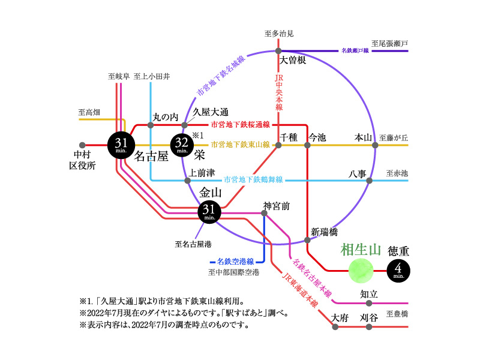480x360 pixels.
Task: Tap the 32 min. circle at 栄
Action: point(184,145)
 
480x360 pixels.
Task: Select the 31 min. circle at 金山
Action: point(209,211)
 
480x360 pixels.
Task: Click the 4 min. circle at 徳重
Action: point(400,271)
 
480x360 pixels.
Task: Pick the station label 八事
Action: point(358,173)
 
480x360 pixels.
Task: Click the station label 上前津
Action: point(202,173)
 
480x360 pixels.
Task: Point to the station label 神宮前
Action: point(277,206)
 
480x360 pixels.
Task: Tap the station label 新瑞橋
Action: point(325,232)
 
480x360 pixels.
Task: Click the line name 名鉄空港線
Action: point(236,262)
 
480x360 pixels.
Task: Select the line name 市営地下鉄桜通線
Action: point(241,125)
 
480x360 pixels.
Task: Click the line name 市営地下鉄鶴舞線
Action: point(253,179)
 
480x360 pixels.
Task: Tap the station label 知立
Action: point(368,294)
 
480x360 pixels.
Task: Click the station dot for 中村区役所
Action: point(82,145)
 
